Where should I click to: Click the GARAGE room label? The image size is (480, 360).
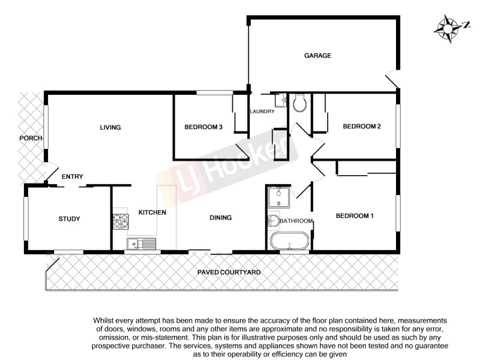[317, 56]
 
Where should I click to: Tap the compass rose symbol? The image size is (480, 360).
[448, 28]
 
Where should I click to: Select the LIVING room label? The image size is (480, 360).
[110, 127]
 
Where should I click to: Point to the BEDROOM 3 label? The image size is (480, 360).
[203, 127]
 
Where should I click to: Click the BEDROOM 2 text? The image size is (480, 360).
[362, 127]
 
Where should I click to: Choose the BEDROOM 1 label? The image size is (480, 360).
[355, 216]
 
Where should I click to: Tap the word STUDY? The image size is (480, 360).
[70, 219]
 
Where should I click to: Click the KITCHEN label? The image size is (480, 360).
[152, 212]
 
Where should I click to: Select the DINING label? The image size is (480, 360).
[220, 218]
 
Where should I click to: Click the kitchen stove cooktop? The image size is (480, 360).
[121, 221]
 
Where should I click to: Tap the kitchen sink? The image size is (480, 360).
[141, 243]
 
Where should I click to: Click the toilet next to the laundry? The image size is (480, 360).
[301, 103]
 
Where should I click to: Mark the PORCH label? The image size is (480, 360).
[31, 138]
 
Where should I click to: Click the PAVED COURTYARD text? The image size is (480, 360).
[229, 272]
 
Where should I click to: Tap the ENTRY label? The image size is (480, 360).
[72, 176]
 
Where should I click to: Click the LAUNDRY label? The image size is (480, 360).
[262, 112]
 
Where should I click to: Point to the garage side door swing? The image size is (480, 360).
[391, 78]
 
